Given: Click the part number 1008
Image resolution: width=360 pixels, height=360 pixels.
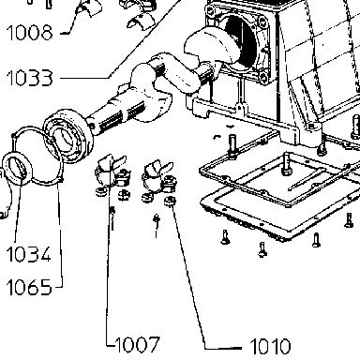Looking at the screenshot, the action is tap(29, 33).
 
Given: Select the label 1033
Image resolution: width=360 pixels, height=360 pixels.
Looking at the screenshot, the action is tap(29, 78).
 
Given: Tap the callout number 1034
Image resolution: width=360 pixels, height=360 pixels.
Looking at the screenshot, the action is tap(28, 254).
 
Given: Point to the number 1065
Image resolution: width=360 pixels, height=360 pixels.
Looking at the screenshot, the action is tap(29, 287).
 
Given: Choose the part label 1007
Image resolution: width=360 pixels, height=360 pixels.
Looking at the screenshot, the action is tap(138, 344).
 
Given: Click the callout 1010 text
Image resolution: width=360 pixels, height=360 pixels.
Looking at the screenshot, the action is tap(270, 346).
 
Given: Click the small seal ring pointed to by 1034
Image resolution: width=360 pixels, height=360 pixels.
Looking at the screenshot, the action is tap(17, 168).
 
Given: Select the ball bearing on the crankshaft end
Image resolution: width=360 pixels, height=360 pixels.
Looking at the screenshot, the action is tap(67, 136).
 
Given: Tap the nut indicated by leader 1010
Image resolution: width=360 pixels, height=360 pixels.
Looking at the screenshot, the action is tap(170, 201).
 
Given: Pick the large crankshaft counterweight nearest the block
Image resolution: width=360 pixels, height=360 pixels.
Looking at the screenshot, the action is tap(208, 47).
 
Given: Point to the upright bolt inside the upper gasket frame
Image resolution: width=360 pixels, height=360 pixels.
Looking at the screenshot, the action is tap(286, 164).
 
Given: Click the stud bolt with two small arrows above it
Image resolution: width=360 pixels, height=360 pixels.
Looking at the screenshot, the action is tap(232, 145).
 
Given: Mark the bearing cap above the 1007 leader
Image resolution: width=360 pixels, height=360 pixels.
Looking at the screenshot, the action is tap(110, 172).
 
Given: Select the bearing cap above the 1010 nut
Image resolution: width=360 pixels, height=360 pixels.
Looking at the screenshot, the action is tap(156, 176).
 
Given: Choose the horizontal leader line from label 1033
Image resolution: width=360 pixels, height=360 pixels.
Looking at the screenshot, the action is tap(84, 78).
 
